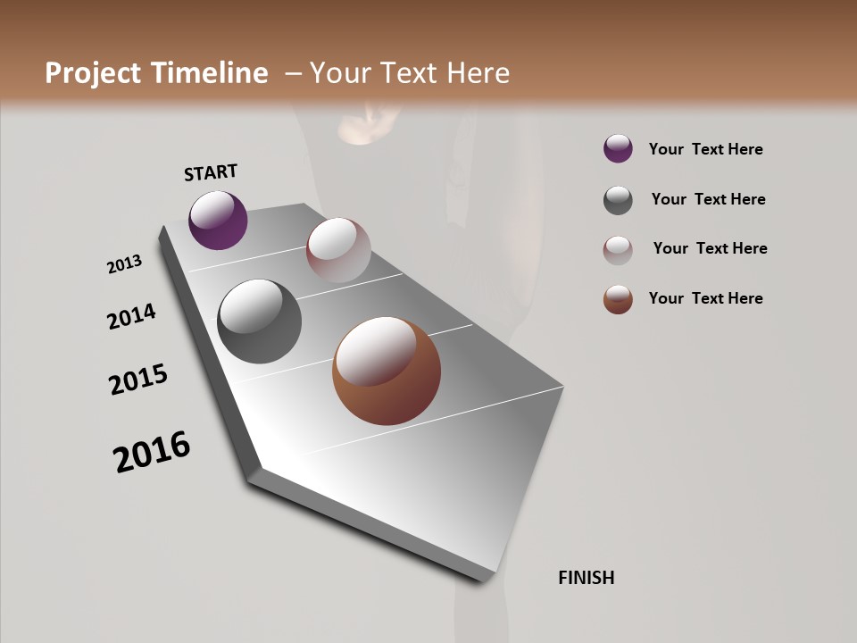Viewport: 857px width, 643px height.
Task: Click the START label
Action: click(x=211, y=172)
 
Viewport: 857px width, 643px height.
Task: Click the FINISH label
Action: click(x=586, y=578)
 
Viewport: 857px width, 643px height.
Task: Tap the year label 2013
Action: click(x=124, y=264)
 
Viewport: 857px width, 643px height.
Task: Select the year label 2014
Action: click(x=131, y=316)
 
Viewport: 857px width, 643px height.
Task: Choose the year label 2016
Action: click(x=152, y=452)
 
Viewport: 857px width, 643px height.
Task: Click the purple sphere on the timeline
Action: click(x=218, y=220)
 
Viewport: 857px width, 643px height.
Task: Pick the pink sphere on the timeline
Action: click(x=338, y=249)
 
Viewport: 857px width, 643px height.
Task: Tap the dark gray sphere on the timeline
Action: click(x=259, y=321)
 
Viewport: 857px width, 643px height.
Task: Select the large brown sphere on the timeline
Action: click(x=387, y=371)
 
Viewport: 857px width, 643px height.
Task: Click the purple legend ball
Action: click(x=618, y=148)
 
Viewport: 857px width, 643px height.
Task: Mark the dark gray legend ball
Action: click(x=618, y=200)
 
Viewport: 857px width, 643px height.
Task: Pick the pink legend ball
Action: click(x=618, y=250)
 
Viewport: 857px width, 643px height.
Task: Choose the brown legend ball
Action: click(x=618, y=299)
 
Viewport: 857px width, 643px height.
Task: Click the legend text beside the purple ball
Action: click(x=705, y=149)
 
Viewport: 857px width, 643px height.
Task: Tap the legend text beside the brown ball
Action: click(x=705, y=298)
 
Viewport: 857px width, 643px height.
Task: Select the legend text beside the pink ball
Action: click(x=710, y=248)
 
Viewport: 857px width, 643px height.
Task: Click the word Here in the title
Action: click(x=478, y=73)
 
